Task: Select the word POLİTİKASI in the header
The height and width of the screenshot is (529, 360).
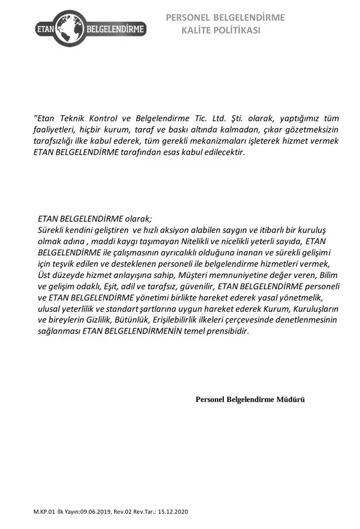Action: click(238, 30)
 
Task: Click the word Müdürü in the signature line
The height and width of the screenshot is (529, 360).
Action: click(291, 400)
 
